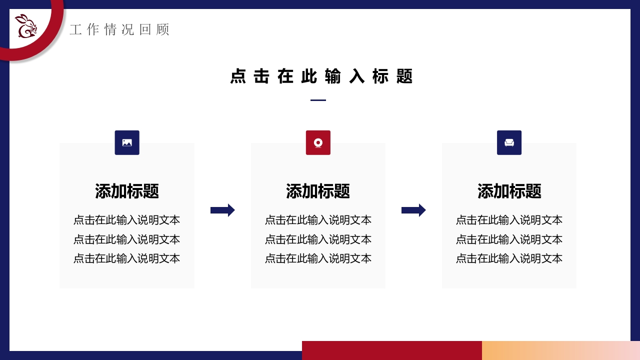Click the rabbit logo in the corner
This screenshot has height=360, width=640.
(x=26, y=26)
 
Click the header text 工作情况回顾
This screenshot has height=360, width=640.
(x=119, y=29)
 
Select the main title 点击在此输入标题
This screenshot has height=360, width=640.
(x=321, y=76)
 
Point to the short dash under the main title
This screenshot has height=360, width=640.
(x=318, y=100)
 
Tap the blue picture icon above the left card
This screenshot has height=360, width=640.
(x=127, y=142)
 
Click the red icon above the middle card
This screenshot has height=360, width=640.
(x=318, y=142)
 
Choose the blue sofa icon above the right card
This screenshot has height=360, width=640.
(x=509, y=142)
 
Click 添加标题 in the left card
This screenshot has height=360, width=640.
(x=127, y=191)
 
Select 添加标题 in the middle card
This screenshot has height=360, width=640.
(x=318, y=191)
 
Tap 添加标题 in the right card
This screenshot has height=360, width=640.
(x=509, y=191)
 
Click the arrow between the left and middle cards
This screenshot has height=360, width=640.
(x=222, y=210)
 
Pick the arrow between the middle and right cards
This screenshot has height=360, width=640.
(x=413, y=210)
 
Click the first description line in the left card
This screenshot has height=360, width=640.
(x=127, y=220)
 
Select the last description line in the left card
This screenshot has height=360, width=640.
(x=127, y=258)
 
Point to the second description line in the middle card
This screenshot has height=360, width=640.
(x=318, y=239)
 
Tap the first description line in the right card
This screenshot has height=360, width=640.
(x=509, y=220)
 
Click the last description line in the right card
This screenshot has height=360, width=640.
(x=509, y=258)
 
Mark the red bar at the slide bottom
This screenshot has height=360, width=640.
(x=391, y=350)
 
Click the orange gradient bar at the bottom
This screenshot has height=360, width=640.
(x=561, y=350)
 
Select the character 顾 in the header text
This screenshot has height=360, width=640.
(x=163, y=29)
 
